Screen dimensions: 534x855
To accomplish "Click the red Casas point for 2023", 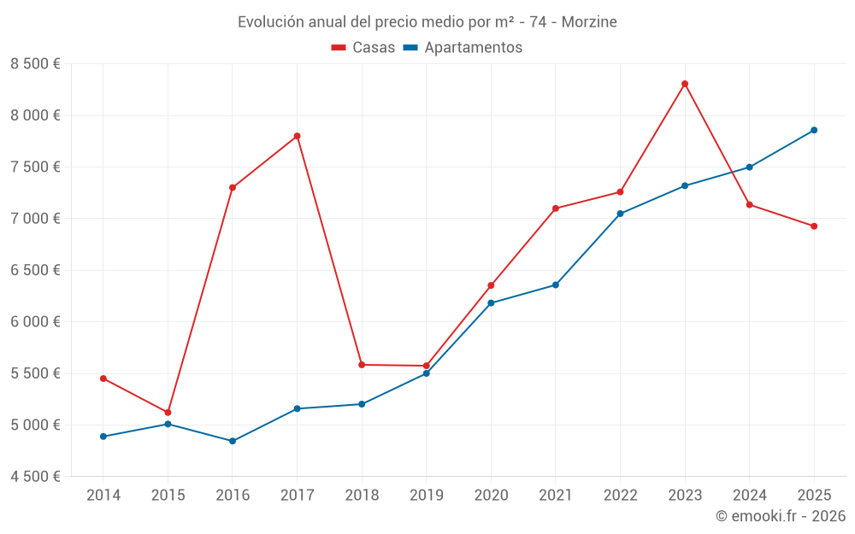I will pos(685,84).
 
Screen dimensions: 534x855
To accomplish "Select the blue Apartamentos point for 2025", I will pos(814,130).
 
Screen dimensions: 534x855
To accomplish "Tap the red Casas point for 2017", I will pos(297,136).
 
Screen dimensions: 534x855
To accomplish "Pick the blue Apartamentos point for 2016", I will pos(233,441).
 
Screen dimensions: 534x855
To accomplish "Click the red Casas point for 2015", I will pos(168,413).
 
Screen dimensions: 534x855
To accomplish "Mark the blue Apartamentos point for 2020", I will pos(491,302).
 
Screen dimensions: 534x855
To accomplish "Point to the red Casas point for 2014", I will pos(103,378).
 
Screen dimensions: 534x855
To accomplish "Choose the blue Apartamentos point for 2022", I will pos(620,214).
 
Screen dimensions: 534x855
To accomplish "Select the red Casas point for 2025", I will pos(814,226).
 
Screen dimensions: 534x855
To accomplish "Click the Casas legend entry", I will pos(363,48).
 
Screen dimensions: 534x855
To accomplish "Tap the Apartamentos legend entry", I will pos(463,48).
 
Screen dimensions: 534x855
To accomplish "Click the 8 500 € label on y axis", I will pos(35,64).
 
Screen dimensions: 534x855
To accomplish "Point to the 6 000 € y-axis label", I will pos(35,322).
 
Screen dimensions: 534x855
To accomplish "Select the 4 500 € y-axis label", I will pos(35,477).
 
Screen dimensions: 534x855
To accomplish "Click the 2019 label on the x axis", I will pos(426,495).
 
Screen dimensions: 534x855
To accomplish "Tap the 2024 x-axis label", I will pos(749,495).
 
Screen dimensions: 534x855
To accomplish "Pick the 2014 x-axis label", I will pos(103,495).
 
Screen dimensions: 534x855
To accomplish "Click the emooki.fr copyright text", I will pos(781,516).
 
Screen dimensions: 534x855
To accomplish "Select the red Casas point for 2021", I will pos(556,208).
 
